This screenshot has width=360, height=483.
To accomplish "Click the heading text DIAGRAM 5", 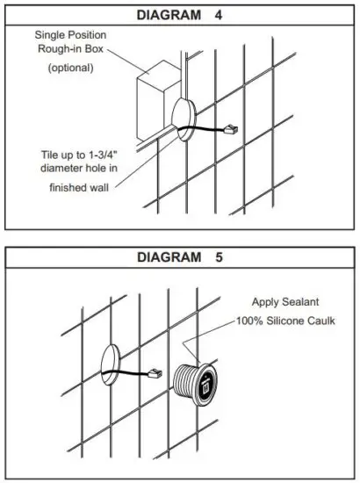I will point(179,258).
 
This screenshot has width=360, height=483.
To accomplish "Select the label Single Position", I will point(74,34).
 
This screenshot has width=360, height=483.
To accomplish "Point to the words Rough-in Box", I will point(74,48).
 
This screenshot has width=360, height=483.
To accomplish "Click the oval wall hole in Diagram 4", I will point(186,119).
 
